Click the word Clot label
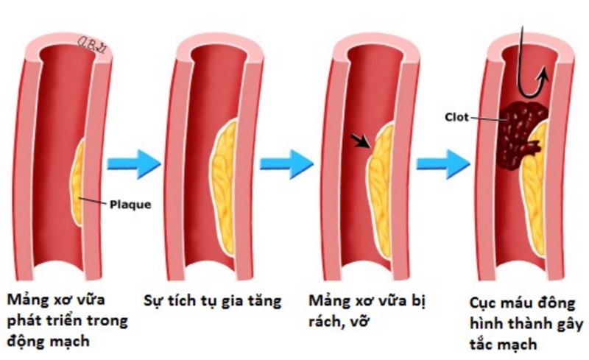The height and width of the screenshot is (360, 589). point(457,117)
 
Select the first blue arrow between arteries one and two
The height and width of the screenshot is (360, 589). point(133,163)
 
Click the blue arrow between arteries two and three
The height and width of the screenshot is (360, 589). point(287,163)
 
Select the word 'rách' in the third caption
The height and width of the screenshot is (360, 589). point(325,322)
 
